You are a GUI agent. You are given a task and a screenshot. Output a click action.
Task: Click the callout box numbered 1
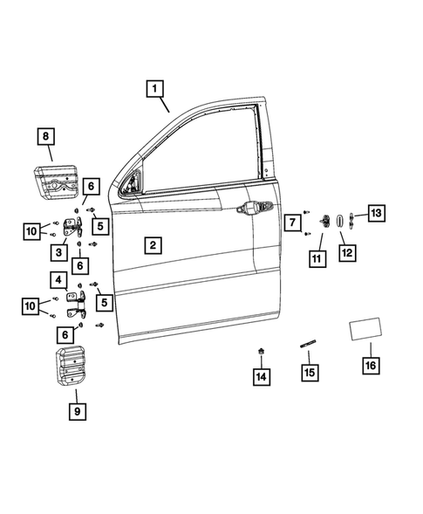(154, 88)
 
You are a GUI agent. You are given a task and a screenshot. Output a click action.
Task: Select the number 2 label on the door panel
(152, 245)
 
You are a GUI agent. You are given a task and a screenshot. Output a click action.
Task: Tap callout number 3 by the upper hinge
(59, 252)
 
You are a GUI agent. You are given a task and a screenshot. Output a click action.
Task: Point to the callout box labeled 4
(58, 281)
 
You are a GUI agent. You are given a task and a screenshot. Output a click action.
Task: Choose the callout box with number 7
(291, 224)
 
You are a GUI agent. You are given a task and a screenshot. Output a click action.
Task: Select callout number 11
(316, 259)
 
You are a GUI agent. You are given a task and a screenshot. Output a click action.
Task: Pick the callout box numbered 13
(375, 213)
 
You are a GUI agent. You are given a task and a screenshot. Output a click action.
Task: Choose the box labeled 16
(370, 366)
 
